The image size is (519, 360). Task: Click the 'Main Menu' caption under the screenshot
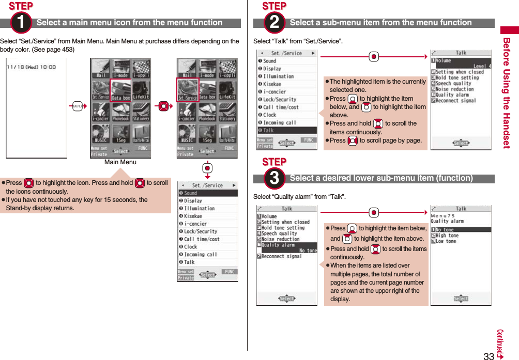click(x=120, y=162)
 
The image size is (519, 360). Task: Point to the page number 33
click(x=489, y=355)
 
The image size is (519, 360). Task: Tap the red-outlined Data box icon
click(x=120, y=90)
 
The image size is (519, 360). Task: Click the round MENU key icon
click(x=77, y=106)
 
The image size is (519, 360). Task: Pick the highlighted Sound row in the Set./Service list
click(x=207, y=193)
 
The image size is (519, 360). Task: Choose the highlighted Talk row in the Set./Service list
click(x=287, y=131)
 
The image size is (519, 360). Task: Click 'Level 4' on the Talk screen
click(x=482, y=66)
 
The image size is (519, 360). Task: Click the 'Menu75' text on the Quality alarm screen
click(x=443, y=215)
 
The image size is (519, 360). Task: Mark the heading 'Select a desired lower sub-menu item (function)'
click(x=381, y=178)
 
